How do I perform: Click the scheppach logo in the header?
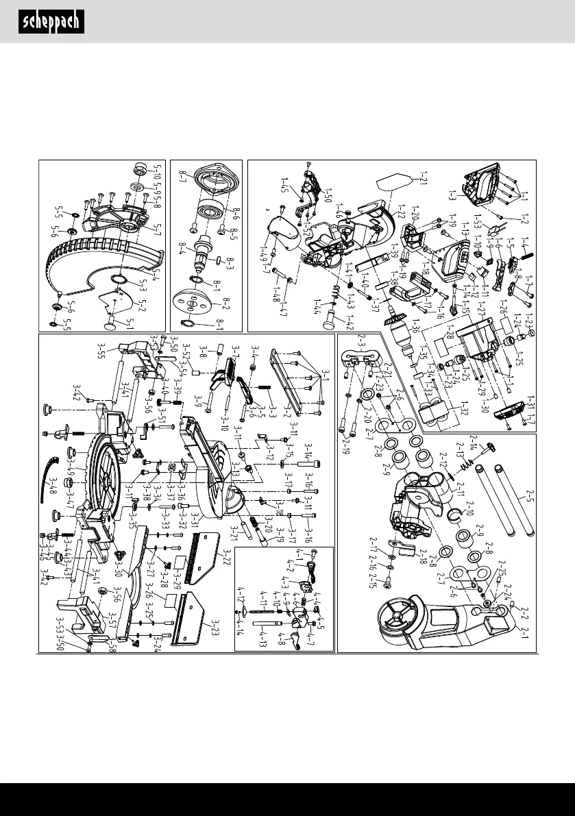(51, 22)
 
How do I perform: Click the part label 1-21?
(416, 182)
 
